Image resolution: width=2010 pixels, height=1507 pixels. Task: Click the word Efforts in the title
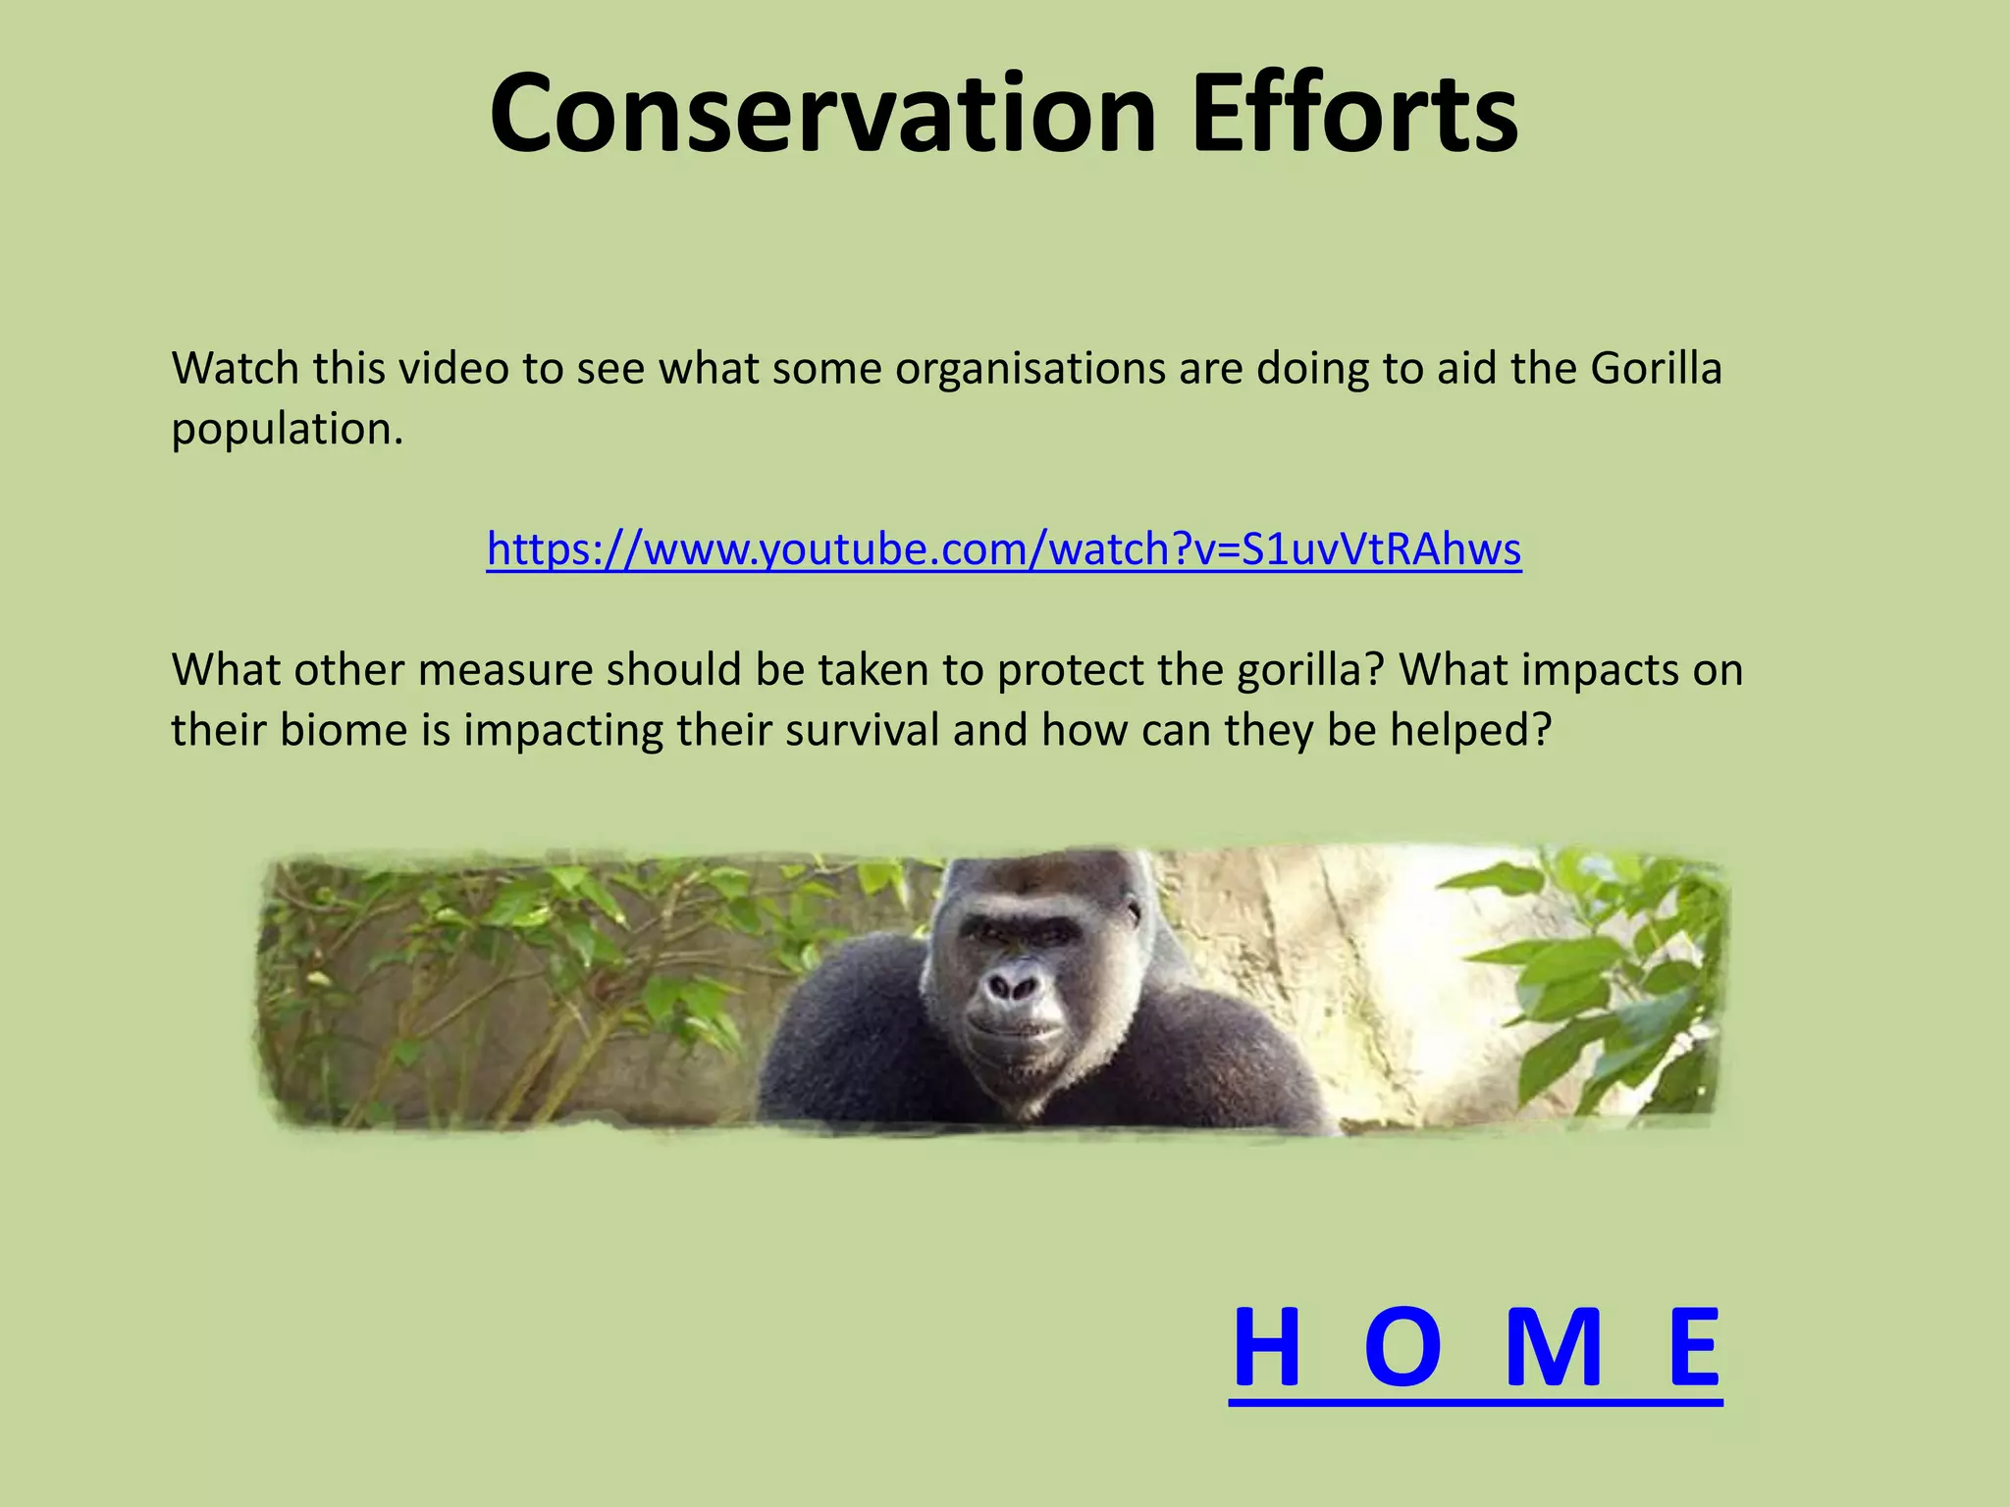1354,114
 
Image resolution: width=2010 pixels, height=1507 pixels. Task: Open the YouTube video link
1004,549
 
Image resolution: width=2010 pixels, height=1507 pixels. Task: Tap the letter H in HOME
1266,1348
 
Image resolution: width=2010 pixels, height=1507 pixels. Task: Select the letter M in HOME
1554,1348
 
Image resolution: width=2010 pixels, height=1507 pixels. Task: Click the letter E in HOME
1695,1348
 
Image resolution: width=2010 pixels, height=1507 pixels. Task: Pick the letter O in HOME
1403,1348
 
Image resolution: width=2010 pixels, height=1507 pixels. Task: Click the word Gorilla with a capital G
1656,369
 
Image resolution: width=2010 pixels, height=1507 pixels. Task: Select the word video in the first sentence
453,369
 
